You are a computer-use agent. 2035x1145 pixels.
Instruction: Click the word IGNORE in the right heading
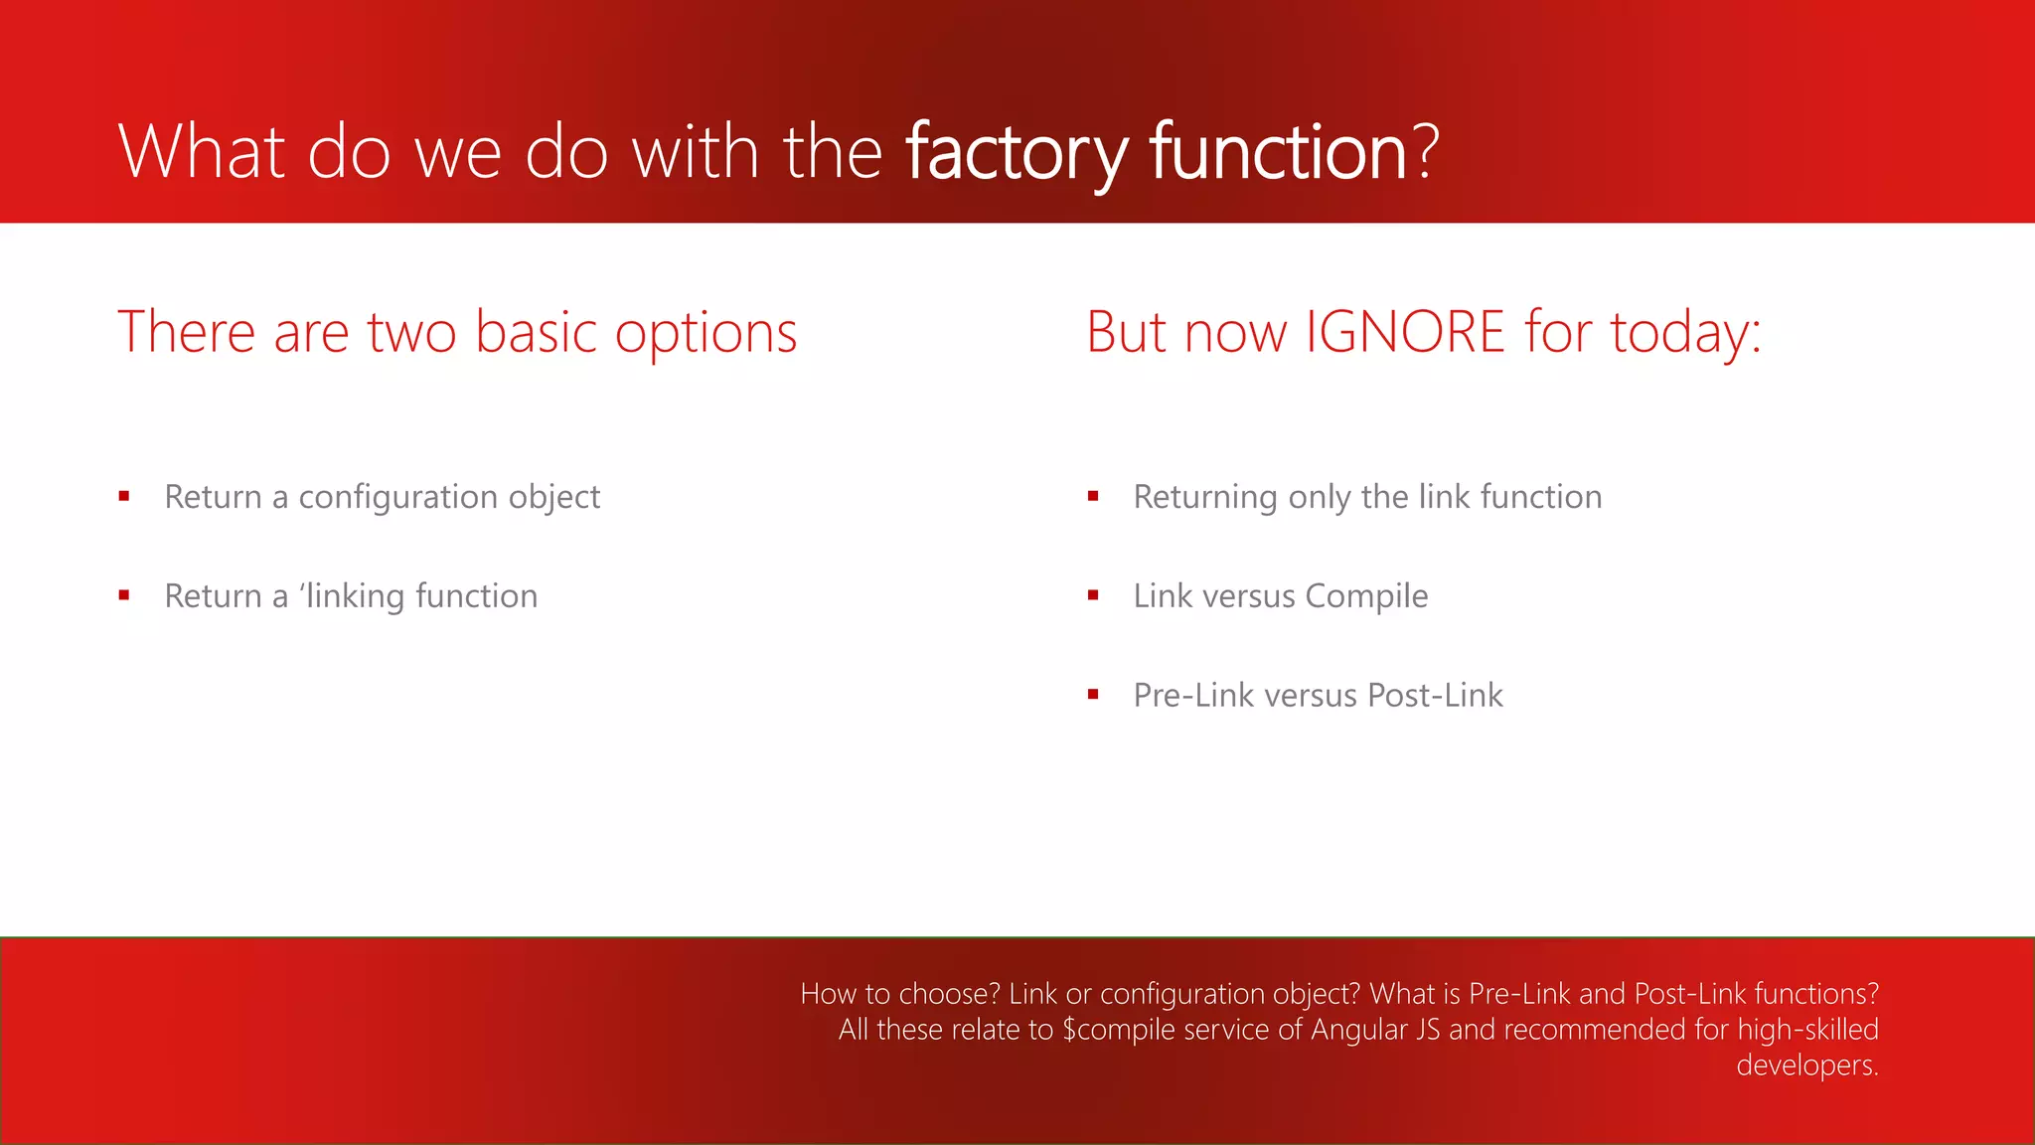point(1404,332)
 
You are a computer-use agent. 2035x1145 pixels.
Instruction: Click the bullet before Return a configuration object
point(124,496)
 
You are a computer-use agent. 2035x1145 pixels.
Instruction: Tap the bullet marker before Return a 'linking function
point(124,595)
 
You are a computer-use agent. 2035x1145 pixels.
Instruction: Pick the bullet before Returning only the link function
point(1093,496)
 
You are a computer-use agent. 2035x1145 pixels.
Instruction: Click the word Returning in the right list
point(1205,497)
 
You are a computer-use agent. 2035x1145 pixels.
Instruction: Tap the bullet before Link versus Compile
point(1093,595)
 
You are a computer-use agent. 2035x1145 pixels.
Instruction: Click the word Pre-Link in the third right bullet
point(1193,696)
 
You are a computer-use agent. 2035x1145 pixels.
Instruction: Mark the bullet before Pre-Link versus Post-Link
point(1093,695)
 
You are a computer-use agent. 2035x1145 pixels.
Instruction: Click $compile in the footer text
point(1116,1030)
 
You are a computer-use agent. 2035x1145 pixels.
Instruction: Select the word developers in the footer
point(1805,1065)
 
